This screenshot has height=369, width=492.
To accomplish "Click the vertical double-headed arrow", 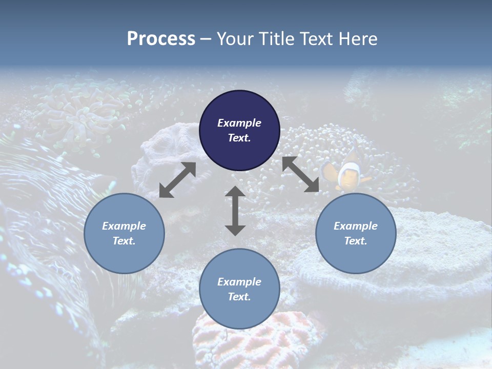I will point(235,211).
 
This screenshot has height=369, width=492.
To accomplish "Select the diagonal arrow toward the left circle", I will point(177,180).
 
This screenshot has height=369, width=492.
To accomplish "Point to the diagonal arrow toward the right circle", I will point(301,174).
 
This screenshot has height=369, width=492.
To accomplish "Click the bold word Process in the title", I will point(161,39).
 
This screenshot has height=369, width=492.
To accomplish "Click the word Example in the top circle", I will point(239,123).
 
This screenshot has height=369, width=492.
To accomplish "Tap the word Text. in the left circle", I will point(124,241).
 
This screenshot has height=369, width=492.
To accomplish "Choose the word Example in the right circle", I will point(356,226).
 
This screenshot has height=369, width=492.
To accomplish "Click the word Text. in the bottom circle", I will point(239,297).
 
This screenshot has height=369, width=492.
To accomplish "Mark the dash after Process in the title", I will point(206,39).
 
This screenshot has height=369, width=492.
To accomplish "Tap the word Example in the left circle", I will point(124,226).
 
